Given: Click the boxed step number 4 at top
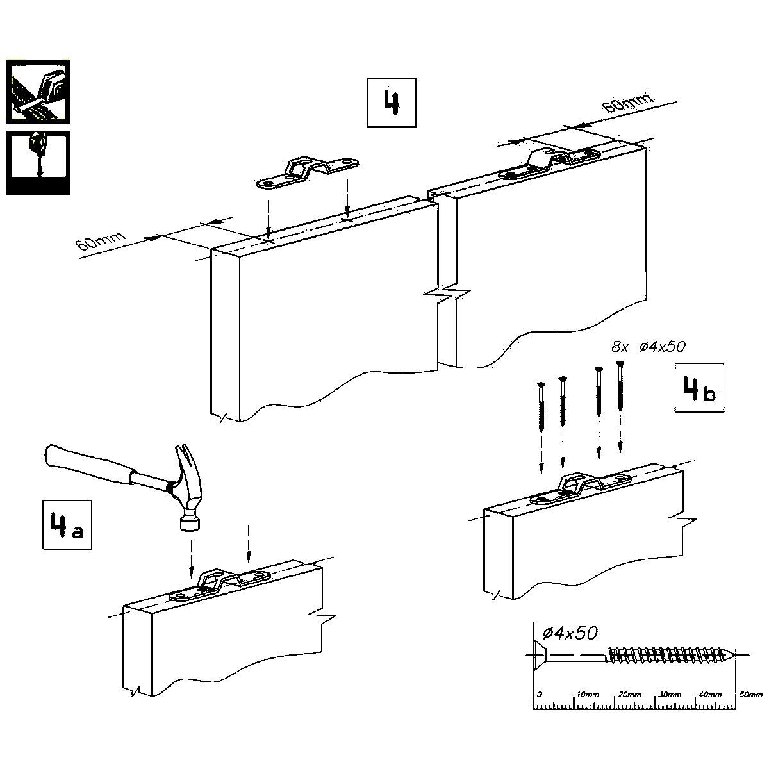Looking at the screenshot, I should pyautogui.click(x=392, y=102).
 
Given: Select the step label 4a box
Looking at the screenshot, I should pyautogui.click(x=67, y=524).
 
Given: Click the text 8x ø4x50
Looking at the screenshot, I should pyautogui.click(x=648, y=347).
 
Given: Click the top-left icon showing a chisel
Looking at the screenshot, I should pyautogui.click(x=38, y=91).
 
